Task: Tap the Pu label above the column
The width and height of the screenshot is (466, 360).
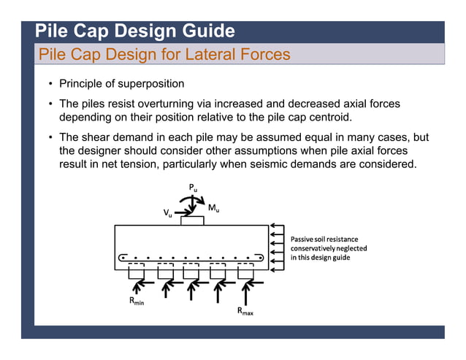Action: (x=193, y=189)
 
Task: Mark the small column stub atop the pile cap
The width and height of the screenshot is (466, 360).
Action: (x=193, y=221)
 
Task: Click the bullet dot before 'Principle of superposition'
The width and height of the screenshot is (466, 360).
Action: (x=50, y=84)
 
